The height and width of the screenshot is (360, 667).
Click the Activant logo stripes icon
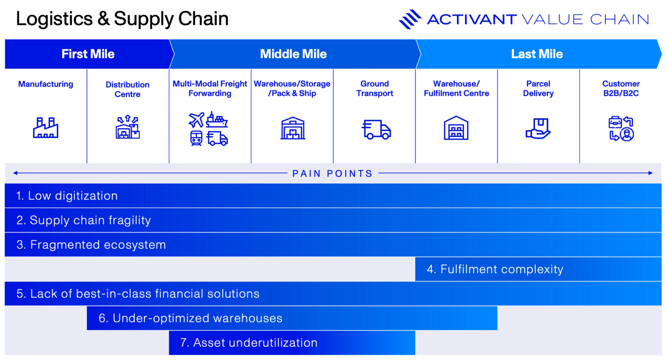click(x=410, y=19)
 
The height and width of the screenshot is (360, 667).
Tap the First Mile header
click(x=88, y=54)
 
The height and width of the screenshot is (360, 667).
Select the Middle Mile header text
click(x=293, y=54)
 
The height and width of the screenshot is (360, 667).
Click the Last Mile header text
click(x=537, y=54)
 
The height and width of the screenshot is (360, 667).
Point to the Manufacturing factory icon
click(x=45, y=127)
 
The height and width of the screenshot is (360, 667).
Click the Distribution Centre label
click(x=128, y=89)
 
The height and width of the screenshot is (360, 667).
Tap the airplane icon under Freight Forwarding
click(x=196, y=120)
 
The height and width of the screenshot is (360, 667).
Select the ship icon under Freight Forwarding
click(x=217, y=120)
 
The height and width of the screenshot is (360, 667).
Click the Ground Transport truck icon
click(x=376, y=129)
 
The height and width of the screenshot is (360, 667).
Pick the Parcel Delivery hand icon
click(x=538, y=128)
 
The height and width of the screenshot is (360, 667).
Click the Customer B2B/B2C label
click(x=621, y=88)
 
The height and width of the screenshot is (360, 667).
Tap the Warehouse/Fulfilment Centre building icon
click(x=456, y=128)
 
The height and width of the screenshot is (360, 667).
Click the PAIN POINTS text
click(x=332, y=173)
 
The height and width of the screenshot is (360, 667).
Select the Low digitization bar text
click(x=67, y=196)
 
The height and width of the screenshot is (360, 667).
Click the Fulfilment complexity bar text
click(x=495, y=269)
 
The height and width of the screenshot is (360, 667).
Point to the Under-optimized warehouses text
click(x=191, y=318)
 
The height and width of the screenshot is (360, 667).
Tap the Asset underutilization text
click(x=249, y=343)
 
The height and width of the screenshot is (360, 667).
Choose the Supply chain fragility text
click(x=84, y=220)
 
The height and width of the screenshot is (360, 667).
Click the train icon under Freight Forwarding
click(x=196, y=138)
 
